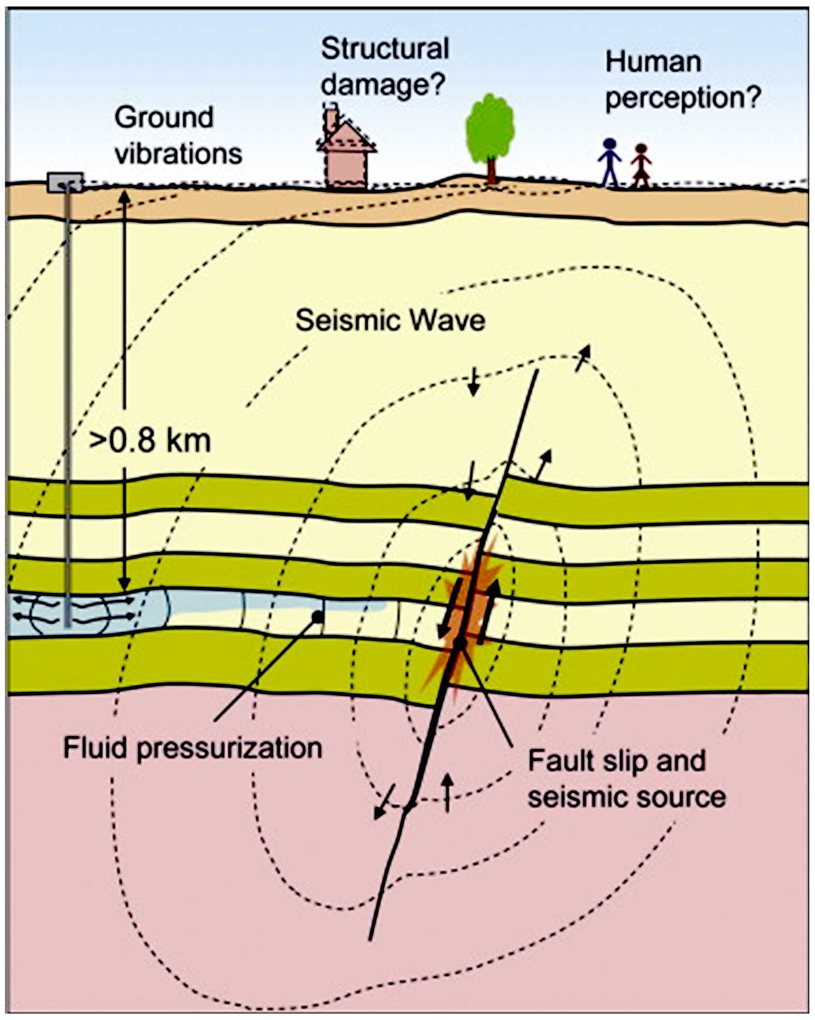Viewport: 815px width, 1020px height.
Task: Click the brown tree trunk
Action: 491,170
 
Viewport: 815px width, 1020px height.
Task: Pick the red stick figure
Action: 641,164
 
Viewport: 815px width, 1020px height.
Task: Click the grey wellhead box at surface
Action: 65,182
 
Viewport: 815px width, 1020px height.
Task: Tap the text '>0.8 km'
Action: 150,441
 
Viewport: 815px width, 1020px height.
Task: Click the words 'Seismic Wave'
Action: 390,320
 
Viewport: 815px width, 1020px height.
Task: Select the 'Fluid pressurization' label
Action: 192,748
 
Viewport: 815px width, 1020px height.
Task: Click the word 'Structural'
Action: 385,49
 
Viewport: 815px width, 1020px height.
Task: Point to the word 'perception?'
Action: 683,97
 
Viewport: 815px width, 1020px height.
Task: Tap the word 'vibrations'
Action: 179,154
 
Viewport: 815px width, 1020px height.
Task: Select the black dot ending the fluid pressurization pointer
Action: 318,617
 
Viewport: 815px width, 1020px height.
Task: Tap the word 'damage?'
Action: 383,84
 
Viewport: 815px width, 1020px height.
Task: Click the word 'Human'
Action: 653,62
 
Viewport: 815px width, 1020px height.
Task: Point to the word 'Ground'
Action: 164,117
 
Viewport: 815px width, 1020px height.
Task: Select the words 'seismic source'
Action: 627,797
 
